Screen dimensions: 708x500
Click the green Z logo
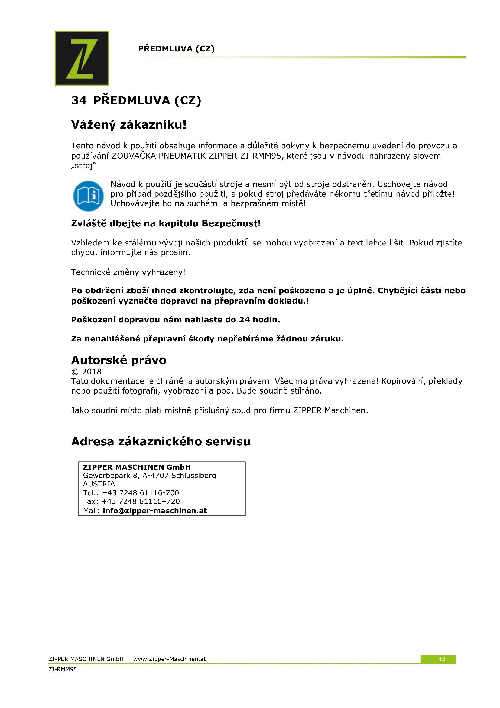[x=82, y=58]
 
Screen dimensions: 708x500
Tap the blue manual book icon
[x=88, y=196]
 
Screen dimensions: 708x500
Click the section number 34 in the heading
[x=79, y=100]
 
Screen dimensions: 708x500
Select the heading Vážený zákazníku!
[x=129, y=125]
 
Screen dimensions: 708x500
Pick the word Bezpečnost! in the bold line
[x=231, y=223]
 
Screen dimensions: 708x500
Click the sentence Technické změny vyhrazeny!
[x=128, y=272]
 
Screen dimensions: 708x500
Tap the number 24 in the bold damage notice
[x=244, y=319]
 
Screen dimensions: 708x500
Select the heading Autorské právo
[x=119, y=360]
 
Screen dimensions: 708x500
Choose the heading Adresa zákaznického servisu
[x=161, y=441]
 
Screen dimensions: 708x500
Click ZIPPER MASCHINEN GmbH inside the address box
[x=137, y=467]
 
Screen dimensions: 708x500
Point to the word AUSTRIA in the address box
[x=99, y=484]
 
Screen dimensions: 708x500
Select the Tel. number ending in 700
[x=140, y=492]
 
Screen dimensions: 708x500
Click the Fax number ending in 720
[x=140, y=501]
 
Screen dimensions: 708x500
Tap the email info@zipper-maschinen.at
[x=154, y=511]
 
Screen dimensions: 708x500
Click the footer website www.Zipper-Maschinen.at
[x=169, y=659]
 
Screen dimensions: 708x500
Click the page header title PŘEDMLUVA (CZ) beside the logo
[x=176, y=49]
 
